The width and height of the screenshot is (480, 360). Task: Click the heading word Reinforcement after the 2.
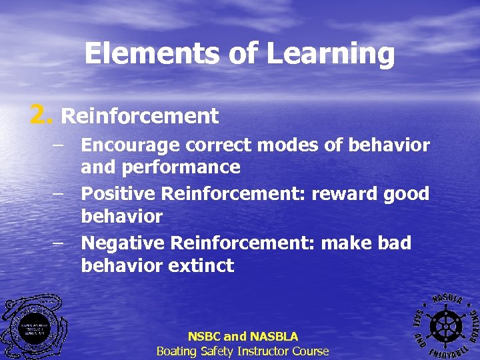(140, 117)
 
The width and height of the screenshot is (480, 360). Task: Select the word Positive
(119, 194)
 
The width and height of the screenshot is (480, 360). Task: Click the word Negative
(123, 243)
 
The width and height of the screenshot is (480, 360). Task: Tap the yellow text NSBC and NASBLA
(243, 337)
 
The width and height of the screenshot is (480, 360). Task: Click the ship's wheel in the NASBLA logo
(444, 326)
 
